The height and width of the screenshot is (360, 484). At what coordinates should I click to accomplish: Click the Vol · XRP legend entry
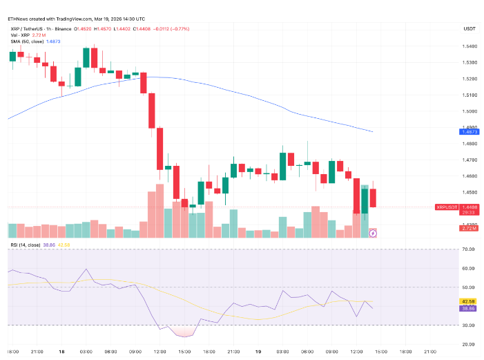click(x=20, y=35)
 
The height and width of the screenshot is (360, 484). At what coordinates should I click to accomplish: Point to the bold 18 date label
click(x=61, y=351)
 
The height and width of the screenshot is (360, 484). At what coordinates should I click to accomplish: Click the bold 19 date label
click(x=258, y=351)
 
